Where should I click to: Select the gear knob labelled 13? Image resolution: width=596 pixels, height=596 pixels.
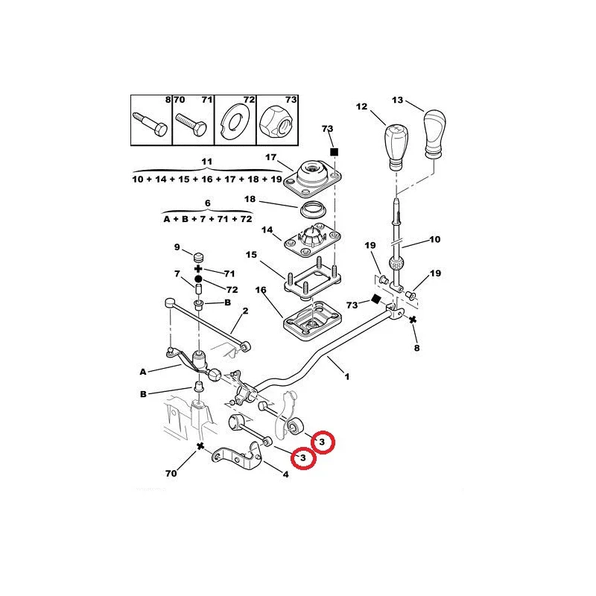click(x=434, y=134)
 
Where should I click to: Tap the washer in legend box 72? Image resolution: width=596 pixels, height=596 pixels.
click(x=235, y=121)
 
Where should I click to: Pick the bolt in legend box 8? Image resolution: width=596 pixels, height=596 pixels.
click(x=150, y=123)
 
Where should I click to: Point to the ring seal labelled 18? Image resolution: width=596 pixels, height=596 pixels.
click(x=313, y=209)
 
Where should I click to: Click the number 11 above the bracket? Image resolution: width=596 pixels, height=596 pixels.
click(x=206, y=162)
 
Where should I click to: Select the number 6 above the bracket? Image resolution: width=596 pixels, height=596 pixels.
click(x=208, y=203)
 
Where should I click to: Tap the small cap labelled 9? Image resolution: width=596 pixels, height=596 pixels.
click(x=199, y=256)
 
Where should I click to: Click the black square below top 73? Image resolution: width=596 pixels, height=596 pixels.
click(x=334, y=152)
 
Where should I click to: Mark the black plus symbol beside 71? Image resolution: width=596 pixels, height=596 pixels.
click(x=198, y=269)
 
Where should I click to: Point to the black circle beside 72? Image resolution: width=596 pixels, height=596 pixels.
click(x=198, y=279)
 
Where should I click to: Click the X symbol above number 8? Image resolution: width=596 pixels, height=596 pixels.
click(x=413, y=320)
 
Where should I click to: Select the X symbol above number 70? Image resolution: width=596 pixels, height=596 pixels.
click(x=200, y=446)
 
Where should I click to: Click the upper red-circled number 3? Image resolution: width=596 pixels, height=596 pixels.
click(x=323, y=442)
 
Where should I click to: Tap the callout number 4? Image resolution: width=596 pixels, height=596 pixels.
click(x=285, y=475)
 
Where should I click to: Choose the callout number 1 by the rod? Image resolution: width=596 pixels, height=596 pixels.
click(x=346, y=377)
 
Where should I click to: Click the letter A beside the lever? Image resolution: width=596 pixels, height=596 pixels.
click(x=143, y=372)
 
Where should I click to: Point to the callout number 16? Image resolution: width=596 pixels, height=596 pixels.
click(x=261, y=290)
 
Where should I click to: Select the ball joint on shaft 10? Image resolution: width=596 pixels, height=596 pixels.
click(x=396, y=263)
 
